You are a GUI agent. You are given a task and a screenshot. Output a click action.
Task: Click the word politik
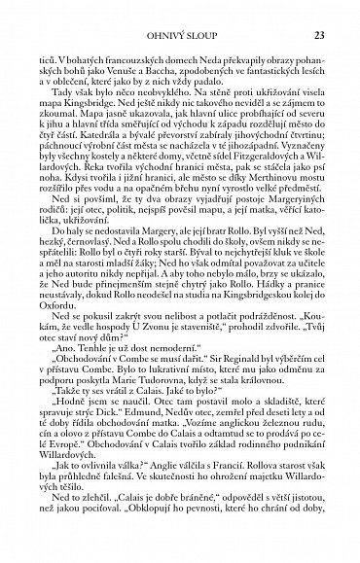(x=136, y=231)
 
